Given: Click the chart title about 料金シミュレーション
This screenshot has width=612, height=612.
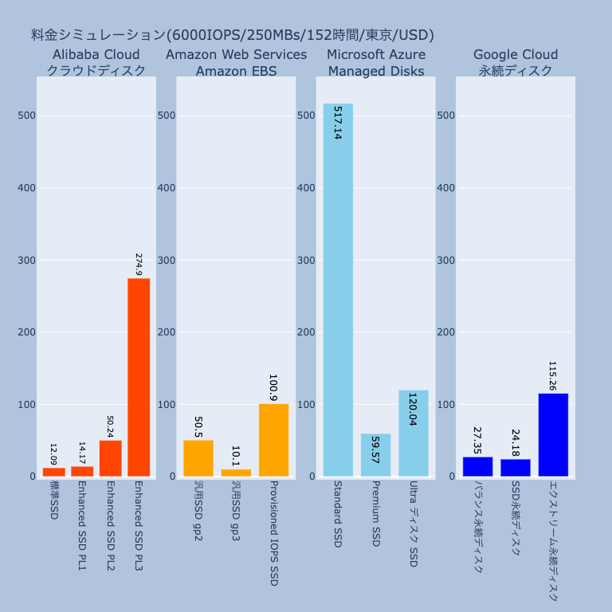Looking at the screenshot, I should coord(232,35).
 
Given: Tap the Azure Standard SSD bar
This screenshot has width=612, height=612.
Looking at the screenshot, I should coord(338,290).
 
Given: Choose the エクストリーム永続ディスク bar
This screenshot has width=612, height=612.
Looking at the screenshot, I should coord(553,435).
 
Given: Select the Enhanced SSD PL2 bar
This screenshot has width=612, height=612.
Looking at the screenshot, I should coord(110,458).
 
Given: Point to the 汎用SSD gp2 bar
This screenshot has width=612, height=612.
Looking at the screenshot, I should coord(198,458).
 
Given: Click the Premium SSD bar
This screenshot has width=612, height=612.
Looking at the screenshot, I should coord(376,455).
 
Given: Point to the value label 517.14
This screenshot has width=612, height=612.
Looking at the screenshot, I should coord(338,123).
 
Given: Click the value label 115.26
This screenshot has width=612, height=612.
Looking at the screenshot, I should coord(553,375).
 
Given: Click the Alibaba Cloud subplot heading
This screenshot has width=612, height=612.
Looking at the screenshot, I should coord(96,62).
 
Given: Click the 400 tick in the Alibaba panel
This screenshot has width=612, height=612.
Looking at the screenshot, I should coord(27,188).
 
